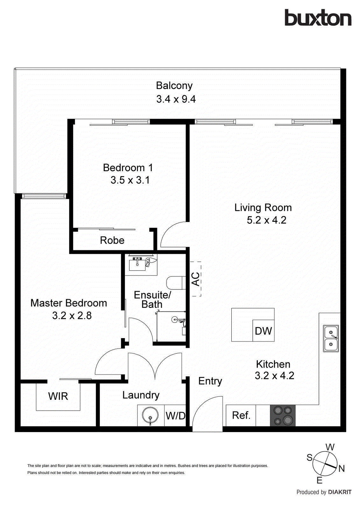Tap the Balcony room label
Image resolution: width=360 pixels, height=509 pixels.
click(174, 86)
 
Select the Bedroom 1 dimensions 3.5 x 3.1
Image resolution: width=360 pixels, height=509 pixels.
click(130, 180)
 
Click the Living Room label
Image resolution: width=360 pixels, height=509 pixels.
click(263, 208)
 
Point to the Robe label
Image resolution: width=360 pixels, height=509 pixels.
click(112, 241)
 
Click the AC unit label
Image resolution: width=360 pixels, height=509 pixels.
click(196, 279)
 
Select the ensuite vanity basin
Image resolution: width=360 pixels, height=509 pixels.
click(138, 264)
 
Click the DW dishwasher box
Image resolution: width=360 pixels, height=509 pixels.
click(263, 331)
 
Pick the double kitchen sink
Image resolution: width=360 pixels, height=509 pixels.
click(331, 338)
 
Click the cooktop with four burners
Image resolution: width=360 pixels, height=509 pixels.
click(283, 415)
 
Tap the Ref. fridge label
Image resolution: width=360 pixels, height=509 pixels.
click(241, 415)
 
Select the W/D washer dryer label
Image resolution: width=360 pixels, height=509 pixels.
click(175, 416)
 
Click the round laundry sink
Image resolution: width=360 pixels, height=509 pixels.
click(150, 415)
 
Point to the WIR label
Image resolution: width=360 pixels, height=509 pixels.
click(58, 396)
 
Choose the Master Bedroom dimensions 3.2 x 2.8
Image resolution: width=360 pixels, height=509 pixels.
click(72, 316)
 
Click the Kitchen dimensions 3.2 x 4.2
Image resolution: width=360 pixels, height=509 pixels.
click(274, 376)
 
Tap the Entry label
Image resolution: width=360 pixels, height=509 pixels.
click(210, 381)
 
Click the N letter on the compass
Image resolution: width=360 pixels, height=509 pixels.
click(342, 469)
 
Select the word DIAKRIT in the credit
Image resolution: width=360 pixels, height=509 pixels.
click(340, 492)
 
